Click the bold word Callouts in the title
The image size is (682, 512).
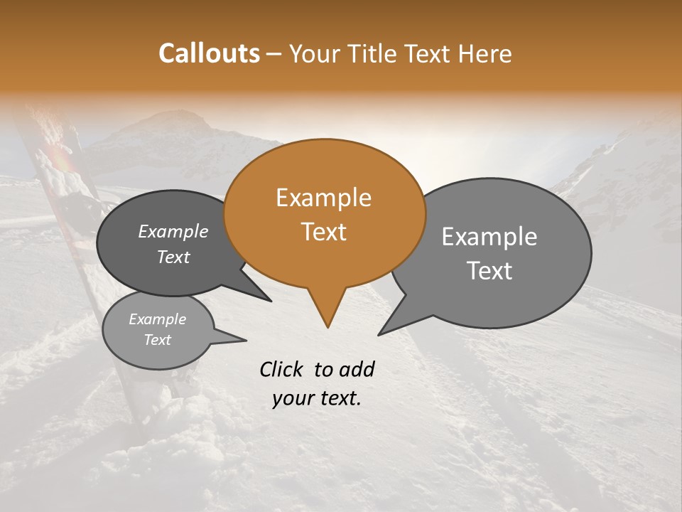pyautogui.click(x=209, y=53)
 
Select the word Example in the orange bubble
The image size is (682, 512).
pyautogui.click(x=323, y=198)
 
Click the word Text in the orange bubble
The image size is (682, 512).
pyautogui.click(x=323, y=231)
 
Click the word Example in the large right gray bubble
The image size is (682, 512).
pyautogui.click(x=489, y=237)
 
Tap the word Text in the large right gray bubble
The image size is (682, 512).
pyautogui.click(x=489, y=270)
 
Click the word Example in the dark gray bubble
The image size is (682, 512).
pyautogui.click(x=173, y=231)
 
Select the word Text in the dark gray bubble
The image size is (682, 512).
pyautogui.click(x=173, y=257)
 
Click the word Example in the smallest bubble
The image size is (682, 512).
pyautogui.click(x=157, y=319)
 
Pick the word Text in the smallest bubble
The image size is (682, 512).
pyautogui.click(x=157, y=340)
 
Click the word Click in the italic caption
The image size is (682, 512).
pyautogui.click(x=282, y=369)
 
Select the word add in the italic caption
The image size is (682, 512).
pyautogui.click(x=357, y=369)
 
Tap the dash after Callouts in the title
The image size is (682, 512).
pyautogui.click(x=274, y=54)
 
